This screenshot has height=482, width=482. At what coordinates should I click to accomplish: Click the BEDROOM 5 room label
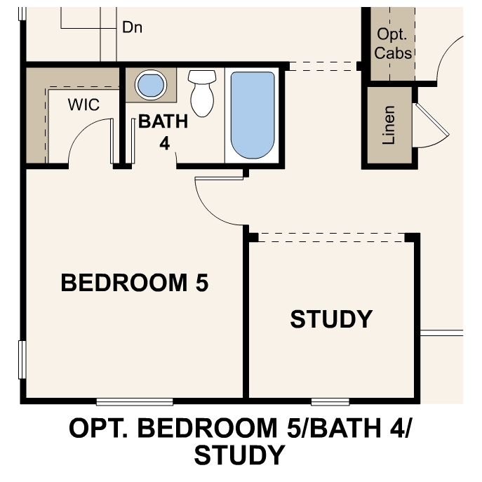pyautogui.click(x=135, y=283)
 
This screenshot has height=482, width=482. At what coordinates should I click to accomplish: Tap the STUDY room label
pyautogui.click(x=331, y=319)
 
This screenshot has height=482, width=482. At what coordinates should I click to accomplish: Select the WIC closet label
pyautogui.click(x=83, y=105)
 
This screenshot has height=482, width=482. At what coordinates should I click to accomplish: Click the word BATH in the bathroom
pyautogui.click(x=163, y=121)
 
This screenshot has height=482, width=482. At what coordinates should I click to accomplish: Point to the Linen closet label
pyautogui.click(x=389, y=126)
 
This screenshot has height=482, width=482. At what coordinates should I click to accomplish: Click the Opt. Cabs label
pyautogui.click(x=392, y=43)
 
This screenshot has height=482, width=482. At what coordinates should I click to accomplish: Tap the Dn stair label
pyautogui.click(x=133, y=27)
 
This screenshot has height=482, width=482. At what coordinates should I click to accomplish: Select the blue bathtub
pyautogui.click(x=253, y=114)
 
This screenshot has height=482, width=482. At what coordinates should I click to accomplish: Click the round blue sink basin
pyautogui.click(x=150, y=86)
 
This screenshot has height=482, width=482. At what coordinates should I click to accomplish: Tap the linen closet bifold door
pyautogui.click(x=429, y=126)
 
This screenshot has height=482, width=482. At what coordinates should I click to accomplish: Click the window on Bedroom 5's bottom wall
pyautogui.click(x=135, y=402)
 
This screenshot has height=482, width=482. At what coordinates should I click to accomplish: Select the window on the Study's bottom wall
pyautogui.click(x=330, y=402)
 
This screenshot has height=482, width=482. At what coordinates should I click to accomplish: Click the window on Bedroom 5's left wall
pyautogui.click(x=22, y=359)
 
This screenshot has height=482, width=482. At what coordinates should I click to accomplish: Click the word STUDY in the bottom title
pyautogui.click(x=240, y=456)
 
